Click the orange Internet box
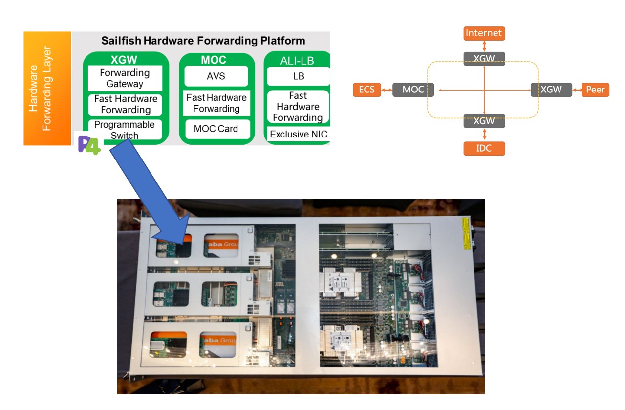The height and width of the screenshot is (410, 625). (x=484, y=33)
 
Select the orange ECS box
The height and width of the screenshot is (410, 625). (x=366, y=90)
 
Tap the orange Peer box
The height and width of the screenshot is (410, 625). (x=595, y=90)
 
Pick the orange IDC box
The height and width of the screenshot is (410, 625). (x=484, y=148)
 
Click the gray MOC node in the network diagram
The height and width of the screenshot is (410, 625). (x=413, y=90)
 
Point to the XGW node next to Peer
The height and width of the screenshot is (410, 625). (x=551, y=90)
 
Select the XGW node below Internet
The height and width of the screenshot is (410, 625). (x=484, y=59)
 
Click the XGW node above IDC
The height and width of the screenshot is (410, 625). (x=484, y=121)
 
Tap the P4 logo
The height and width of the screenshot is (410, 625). (x=89, y=145)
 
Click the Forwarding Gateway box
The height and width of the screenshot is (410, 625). (x=125, y=78)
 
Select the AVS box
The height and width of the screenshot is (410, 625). (x=216, y=76)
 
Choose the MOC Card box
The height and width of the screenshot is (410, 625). (x=216, y=129)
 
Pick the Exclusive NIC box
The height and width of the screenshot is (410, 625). (x=299, y=134)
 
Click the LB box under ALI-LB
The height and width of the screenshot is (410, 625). (x=298, y=76)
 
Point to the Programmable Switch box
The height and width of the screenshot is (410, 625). (x=125, y=129)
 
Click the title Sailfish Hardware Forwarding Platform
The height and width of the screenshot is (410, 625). (x=203, y=41)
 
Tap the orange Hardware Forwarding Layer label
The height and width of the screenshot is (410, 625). (x=47, y=89)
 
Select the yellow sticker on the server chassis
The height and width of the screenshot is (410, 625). (x=465, y=234)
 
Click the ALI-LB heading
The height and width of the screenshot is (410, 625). (x=297, y=61)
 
